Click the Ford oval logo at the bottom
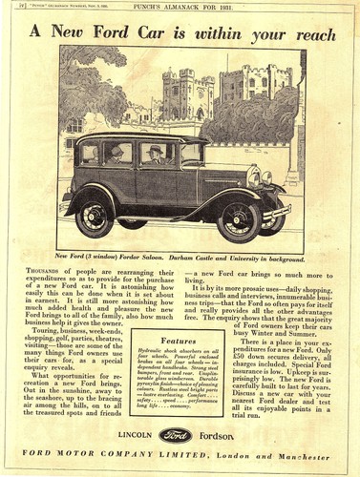click(176, 434)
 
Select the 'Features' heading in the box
click(179, 339)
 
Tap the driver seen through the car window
click(155, 153)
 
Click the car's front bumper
click(278, 212)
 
